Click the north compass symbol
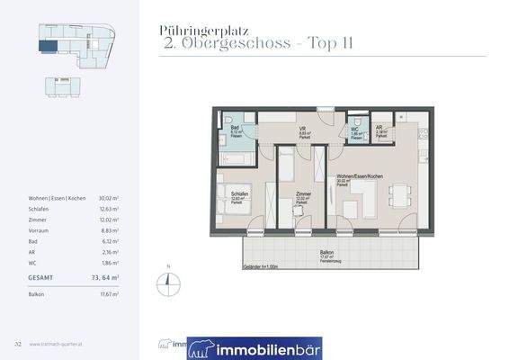(x=166, y=281)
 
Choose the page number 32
(x=17, y=343)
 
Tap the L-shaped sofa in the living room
(x=359, y=200)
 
